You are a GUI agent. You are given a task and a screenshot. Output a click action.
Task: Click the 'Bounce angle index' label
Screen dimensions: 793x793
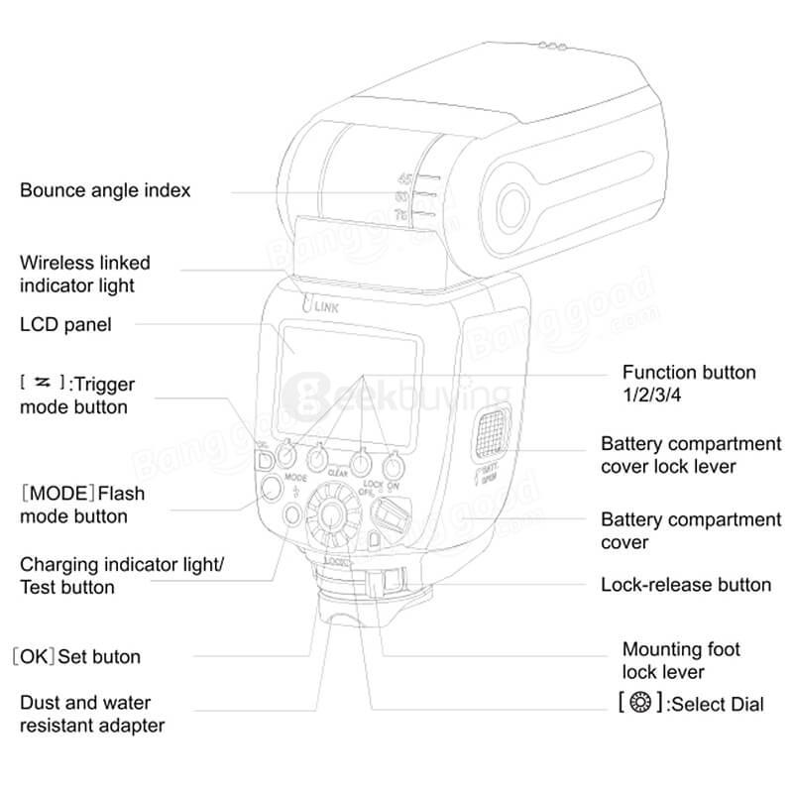point(105,189)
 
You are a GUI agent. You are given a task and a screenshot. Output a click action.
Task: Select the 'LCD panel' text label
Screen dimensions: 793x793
point(65,324)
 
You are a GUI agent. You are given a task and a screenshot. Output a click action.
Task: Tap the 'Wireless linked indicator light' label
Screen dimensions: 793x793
point(85,274)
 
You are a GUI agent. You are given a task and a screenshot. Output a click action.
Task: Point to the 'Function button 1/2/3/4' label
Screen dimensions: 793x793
point(688,384)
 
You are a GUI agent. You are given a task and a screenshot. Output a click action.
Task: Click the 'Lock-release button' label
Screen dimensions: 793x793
point(686,584)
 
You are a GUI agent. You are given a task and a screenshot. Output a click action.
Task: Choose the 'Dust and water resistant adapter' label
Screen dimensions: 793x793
point(92,714)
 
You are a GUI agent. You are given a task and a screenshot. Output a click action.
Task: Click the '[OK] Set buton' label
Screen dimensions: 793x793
point(76,656)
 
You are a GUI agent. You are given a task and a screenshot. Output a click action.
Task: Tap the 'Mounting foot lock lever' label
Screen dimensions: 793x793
point(681,660)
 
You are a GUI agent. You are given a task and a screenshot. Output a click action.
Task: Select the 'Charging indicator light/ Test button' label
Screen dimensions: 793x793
point(122,576)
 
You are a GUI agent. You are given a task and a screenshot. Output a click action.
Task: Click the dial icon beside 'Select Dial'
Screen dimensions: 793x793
point(639,705)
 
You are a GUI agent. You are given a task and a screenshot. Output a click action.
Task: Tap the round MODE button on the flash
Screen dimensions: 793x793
point(269,487)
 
